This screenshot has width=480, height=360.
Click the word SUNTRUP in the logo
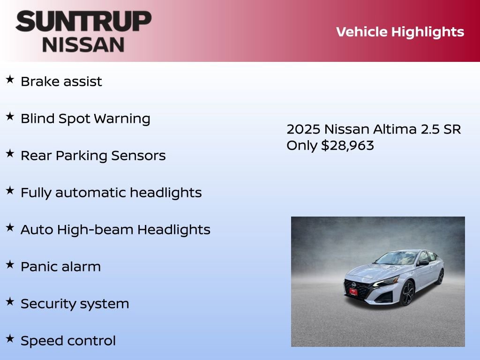click(x=83, y=22)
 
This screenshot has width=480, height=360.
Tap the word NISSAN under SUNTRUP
click(x=83, y=45)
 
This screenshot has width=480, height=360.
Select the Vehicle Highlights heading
click(x=400, y=32)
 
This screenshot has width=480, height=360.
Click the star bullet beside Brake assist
click(x=10, y=80)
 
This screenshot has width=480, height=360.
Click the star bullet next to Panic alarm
click(x=10, y=265)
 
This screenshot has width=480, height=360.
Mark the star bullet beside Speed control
click(x=10, y=339)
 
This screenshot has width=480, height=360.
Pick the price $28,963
click(x=347, y=145)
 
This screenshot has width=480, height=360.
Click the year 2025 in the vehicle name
click(x=303, y=129)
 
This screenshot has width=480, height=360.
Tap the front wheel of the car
click(x=407, y=292)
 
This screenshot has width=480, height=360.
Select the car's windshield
click(x=396, y=258)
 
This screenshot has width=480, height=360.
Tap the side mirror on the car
click(x=423, y=263)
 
